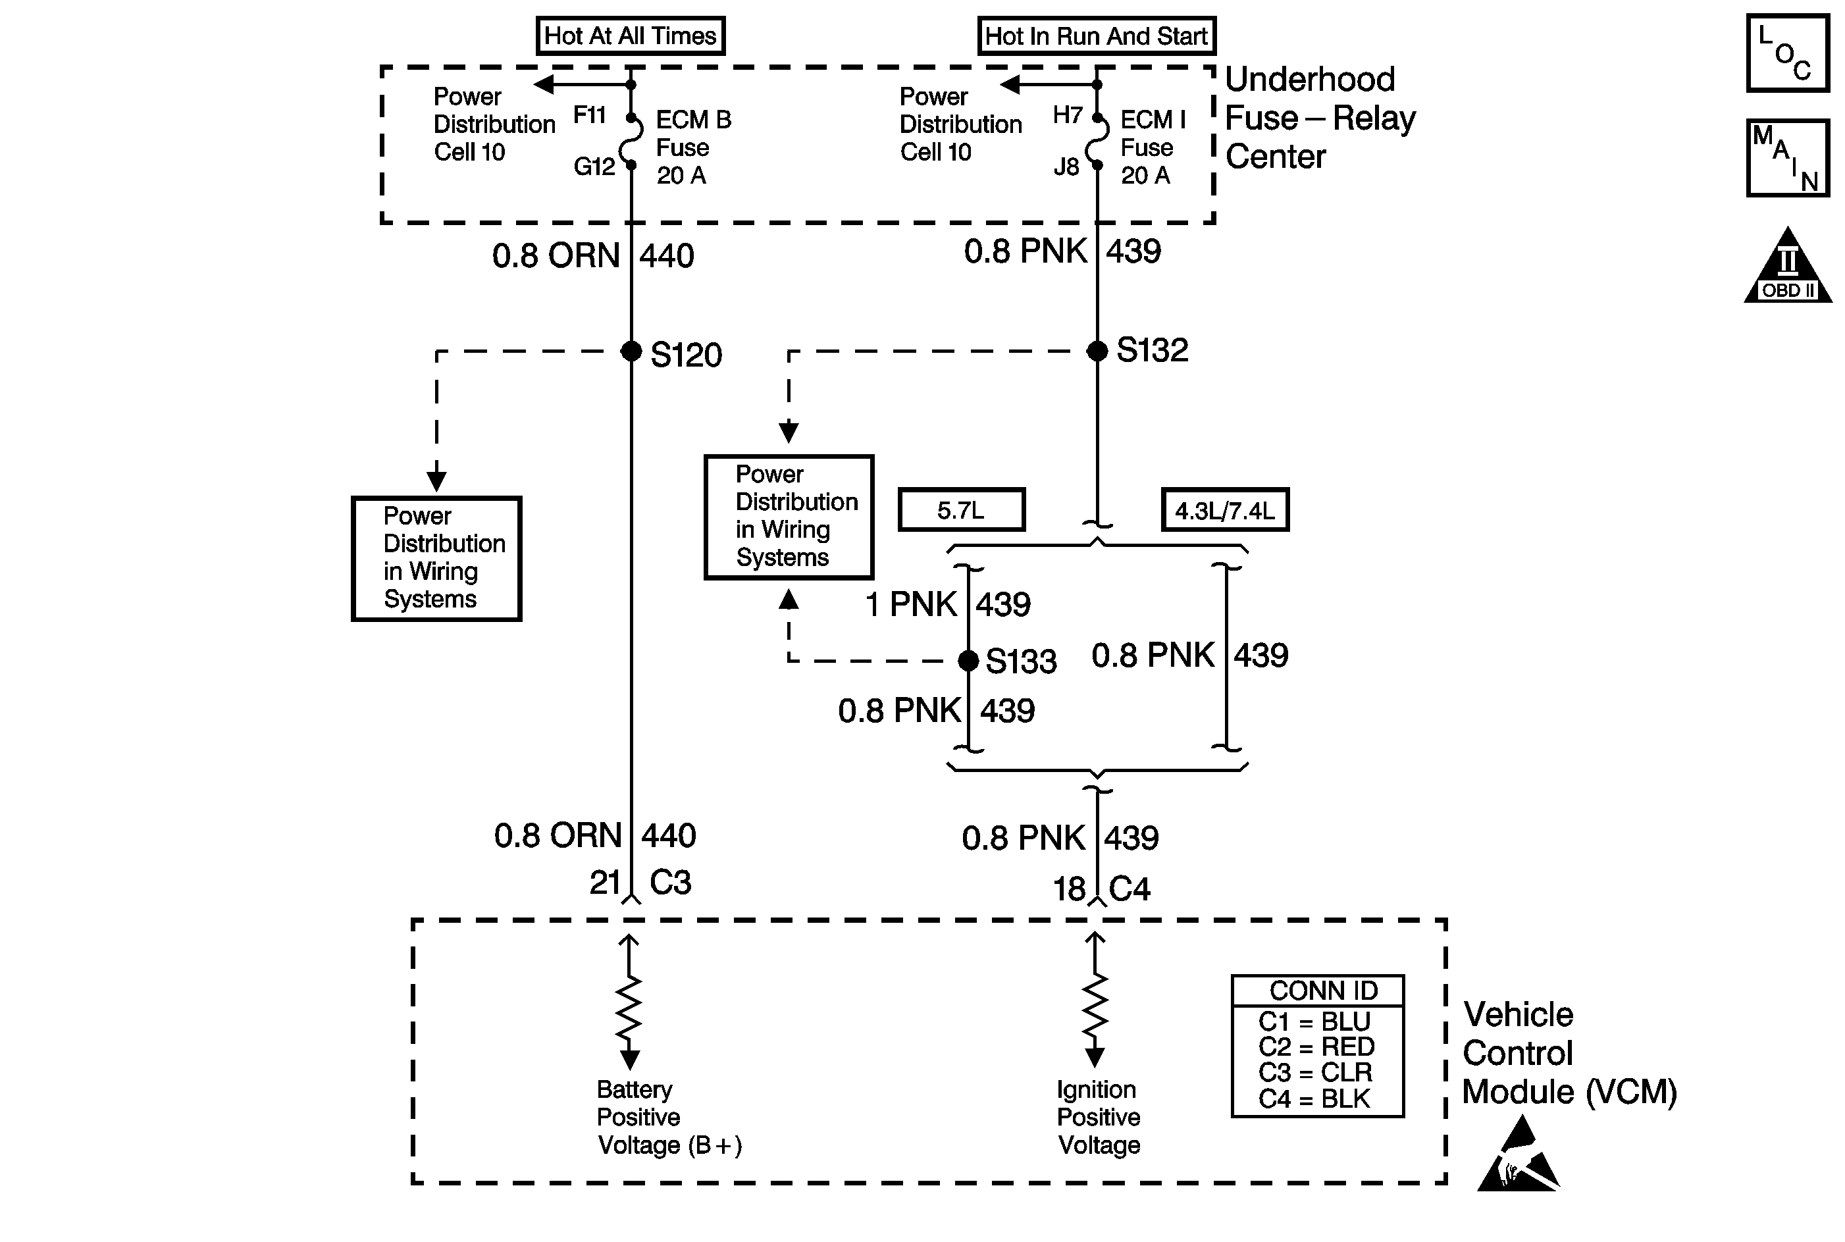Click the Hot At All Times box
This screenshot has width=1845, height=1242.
coord(631,36)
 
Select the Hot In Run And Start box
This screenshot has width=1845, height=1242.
coord(1097,36)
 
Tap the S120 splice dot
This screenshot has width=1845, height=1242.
coord(631,351)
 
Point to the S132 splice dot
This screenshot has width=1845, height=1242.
coord(1097,350)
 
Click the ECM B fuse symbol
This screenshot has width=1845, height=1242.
coord(631,142)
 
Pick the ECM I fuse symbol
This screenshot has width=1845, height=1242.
coord(1097,142)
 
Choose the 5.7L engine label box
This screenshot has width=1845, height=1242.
coord(962,509)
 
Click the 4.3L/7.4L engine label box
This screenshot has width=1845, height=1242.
coord(1226,509)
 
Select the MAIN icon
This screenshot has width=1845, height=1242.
coord(1788,157)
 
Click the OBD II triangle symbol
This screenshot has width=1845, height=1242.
coord(1788,265)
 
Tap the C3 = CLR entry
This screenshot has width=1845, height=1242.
coord(1315,1072)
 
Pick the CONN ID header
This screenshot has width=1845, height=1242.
coord(1324,990)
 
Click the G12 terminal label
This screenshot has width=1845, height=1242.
coord(594,167)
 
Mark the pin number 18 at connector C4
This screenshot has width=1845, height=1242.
coord(1069,889)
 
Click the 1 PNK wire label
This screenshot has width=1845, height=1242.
coord(911,604)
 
